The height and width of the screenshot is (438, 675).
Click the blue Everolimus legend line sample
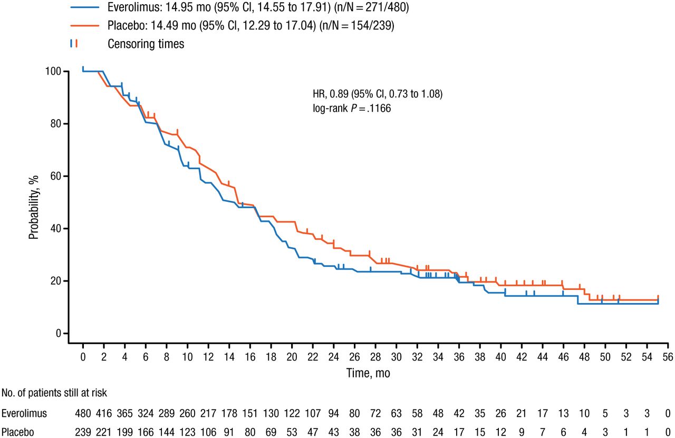[84, 8]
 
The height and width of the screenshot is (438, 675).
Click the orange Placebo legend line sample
[84, 26]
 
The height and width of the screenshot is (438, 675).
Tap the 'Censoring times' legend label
[146, 44]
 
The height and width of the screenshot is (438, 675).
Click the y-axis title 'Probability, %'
[34, 202]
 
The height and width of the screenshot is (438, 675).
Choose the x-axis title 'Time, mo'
[368, 372]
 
